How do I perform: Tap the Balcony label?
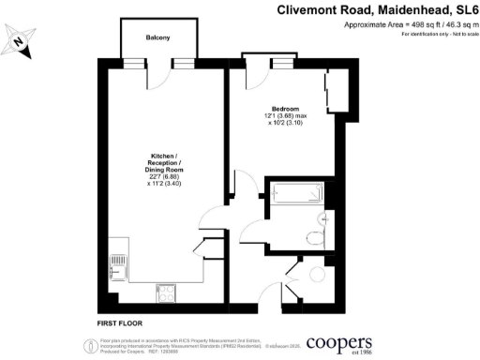point(157,38)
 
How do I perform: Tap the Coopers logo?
point(337,343)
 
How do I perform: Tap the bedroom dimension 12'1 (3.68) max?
point(285,116)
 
